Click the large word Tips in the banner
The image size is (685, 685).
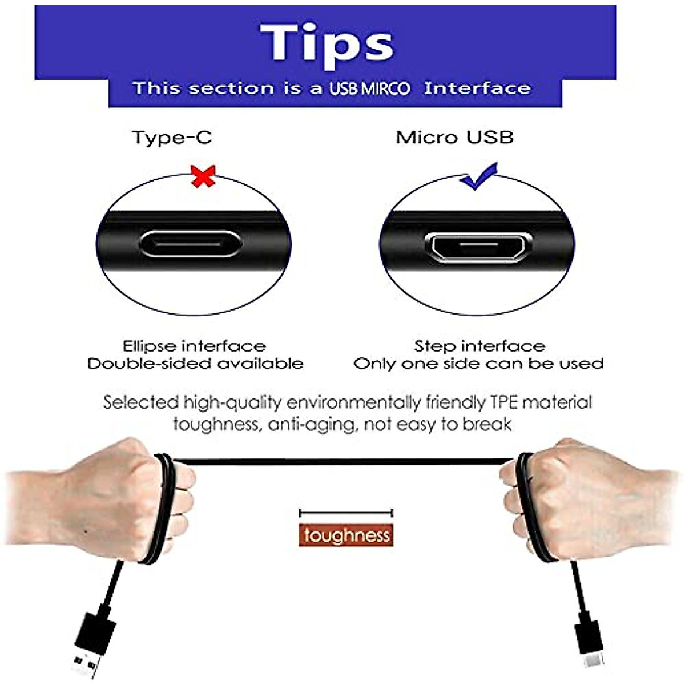click(x=327, y=43)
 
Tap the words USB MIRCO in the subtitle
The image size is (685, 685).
click(x=369, y=89)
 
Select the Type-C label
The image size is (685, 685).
click(x=171, y=138)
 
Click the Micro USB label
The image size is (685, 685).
click(x=454, y=138)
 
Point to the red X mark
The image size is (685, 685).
click(x=204, y=176)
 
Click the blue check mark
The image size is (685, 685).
click(x=479, y=177)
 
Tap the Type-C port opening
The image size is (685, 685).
click(x=190, y=244)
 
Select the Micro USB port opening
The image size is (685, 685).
click(x=478, y=246)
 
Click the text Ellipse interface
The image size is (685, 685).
click(x=194, y=346)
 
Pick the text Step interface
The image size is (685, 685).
click(x=479, y=346)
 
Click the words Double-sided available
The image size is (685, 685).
click(x=195, y=364)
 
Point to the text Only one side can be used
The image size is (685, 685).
click(x=478, y=364)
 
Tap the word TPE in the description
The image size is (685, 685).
click(x=504, y=402)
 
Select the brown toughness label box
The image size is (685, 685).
click(x=346, y=535)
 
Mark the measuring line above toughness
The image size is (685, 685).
click(x=346, y=513)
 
